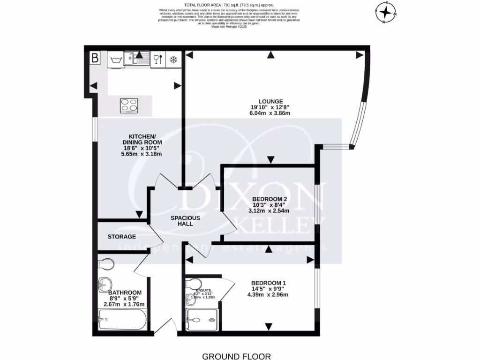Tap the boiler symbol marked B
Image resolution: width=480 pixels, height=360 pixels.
(95, 59)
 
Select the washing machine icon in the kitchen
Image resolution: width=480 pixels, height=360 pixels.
(115, 60)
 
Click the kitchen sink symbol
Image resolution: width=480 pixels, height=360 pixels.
(139, 59)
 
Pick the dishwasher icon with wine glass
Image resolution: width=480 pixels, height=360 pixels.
(157, 60)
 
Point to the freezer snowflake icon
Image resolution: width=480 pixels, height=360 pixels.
(173, 60)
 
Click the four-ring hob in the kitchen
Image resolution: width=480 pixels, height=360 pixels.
(129, 105)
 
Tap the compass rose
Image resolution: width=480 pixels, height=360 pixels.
(386, 13)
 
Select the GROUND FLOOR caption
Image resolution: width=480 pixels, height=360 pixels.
(236, 357)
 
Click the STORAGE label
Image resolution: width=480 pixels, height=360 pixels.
(122, 237)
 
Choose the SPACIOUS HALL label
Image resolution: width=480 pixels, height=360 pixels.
(185, 221)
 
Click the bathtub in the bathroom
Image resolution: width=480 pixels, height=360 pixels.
(123, 323)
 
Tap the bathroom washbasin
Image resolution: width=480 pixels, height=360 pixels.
(105, 284)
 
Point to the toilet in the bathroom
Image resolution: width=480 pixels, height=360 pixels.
(106, 265)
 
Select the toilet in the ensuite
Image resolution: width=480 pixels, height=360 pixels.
(194, 284)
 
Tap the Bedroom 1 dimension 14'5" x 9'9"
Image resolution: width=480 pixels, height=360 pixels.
(268, 289)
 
